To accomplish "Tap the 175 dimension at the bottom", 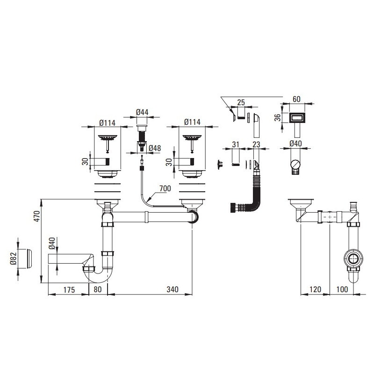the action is (x=69, y=290).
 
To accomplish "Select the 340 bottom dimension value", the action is (x=172, y=289).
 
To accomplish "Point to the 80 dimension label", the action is (x=98, y=289).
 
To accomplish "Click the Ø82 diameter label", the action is (x=13, y=259).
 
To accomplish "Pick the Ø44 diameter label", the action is (x=142, y=112).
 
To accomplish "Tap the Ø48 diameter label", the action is (x=155, y=148).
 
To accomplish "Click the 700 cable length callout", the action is (x=165, y=188).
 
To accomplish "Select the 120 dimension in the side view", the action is (x=315, y=289).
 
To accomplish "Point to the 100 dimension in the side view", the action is (x=342, y=289).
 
